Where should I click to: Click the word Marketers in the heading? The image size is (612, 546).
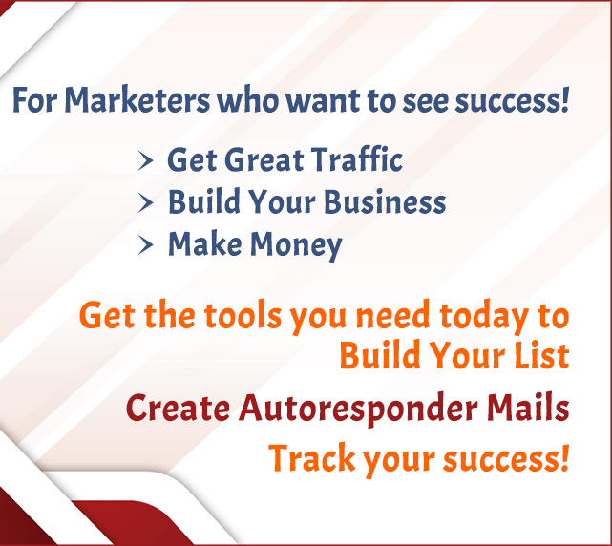click(x=137, y=100)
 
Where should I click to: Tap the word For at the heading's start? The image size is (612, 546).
click(x=34, y=100)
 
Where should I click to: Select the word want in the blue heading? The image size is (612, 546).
click(x=323, y=100)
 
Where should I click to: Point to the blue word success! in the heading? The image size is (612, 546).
click(x=512, y=100)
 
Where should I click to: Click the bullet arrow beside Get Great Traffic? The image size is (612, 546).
click(x=145, y=160)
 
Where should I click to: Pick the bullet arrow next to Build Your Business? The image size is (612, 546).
click(x=145, y=203)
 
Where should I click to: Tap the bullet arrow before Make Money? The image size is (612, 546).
click(x=145, y=245)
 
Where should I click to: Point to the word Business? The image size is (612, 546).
click(x=385, y=201)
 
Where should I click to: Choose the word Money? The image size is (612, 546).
click(x=296, y=245)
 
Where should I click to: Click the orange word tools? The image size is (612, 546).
click(x=243, y=315)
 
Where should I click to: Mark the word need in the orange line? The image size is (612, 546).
click(x=392, y=315)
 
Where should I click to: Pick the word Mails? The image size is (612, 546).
click(x=528, y=408)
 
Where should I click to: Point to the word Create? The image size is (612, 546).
click(x=178, y=408)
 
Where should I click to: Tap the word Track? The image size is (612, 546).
click(x=312, y=458)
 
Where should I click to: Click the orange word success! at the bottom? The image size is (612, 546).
click(x=506, y=459)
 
